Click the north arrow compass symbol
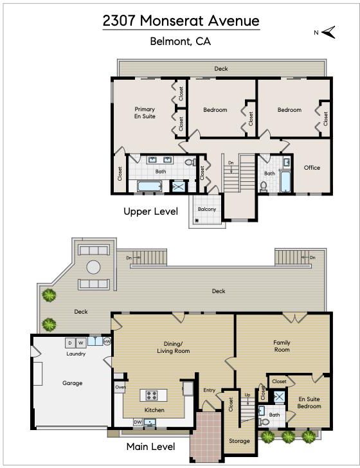tap(328, 32)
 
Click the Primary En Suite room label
tap(145, 113)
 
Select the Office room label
tap(312, 168)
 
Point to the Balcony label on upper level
tap(207, 209)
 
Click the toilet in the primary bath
tap(190, 163)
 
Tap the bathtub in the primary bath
tap(150, 186)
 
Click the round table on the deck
tap(93, 267)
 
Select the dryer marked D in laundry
tap(70, 343)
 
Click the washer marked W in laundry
tap(80, 343)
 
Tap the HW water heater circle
tap(107, 341)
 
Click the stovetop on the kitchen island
tap(151, 395)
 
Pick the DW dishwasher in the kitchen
tap(138, 422)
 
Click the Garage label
tap(72, 383)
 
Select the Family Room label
tap(282, 346)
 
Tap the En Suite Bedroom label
tap(309, 402)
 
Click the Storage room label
tap(239, 441)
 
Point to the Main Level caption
tap(150, 447)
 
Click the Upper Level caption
tap(150, 212)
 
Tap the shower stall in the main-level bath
tap(280, 397)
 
